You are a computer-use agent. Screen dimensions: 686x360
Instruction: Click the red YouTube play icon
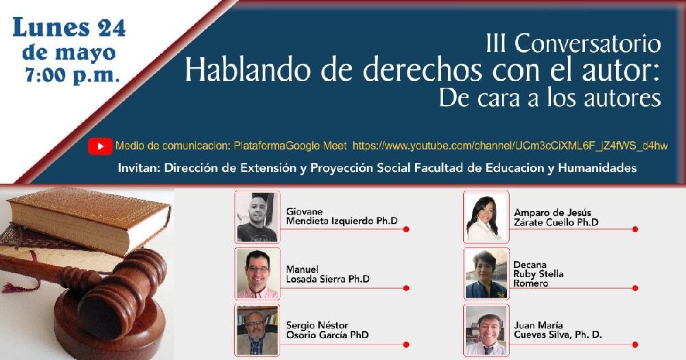coord(99,146)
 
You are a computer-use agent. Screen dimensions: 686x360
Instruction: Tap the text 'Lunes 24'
coord(69,27)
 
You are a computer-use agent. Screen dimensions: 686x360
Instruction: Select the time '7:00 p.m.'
coord(72,75)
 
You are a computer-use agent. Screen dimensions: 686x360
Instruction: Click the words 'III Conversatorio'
coord(573,44)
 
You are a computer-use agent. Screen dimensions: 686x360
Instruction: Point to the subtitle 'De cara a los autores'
coord(550,98)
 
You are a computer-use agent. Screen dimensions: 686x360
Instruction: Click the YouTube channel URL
coord(510,145)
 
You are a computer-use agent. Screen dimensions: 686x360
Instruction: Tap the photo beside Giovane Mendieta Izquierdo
coord(257,217)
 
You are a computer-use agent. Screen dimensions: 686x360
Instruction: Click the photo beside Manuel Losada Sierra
coord(257,274)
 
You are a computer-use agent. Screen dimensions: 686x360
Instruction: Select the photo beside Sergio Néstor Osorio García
coord(257,331)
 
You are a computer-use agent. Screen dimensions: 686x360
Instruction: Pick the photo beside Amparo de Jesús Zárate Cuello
coord(486,217)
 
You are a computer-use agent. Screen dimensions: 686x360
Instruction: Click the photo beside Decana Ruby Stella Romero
coord(486,274)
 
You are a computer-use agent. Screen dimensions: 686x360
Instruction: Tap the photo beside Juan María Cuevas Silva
coord(486,331)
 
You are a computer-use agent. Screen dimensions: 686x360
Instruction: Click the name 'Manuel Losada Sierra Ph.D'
coord(328,274)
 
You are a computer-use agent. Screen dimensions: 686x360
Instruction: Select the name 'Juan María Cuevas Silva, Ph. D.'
coord(558,331)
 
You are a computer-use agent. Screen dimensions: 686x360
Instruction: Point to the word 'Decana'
coord(530,265)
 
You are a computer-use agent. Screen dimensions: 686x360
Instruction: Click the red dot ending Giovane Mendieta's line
coord(406,229)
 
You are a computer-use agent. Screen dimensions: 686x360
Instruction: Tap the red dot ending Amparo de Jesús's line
coord(635,229)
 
